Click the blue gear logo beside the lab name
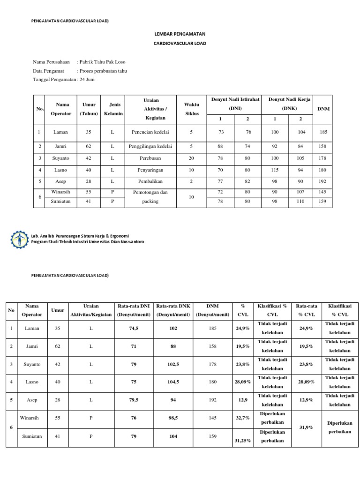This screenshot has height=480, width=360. [x=19, y=240]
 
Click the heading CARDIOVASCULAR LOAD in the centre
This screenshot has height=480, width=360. [x=180, y=43]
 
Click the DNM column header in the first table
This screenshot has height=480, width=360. [x=323, y=109]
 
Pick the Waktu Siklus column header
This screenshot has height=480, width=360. [x=191, y=109]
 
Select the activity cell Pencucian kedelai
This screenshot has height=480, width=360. [x=150, y=132]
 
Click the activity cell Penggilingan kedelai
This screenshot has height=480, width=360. [x=150, y=146]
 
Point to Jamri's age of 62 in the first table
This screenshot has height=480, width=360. [x=89, y=146]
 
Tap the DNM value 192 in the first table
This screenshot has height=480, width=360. [x=323, y=181]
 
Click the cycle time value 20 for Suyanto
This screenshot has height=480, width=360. [x=191, y=158]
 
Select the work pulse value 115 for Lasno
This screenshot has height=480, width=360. [x=275, y=170]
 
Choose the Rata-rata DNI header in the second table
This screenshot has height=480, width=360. [x=134, y=310]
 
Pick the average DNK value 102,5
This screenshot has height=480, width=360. [x=173, y=364]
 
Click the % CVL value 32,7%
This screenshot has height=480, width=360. [x=243, y=418]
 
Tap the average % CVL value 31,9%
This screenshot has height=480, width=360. [x=306, y=427]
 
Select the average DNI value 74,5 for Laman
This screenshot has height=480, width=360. [x=134, y=329]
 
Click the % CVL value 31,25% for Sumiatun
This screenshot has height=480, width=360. [x=243, y=441]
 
